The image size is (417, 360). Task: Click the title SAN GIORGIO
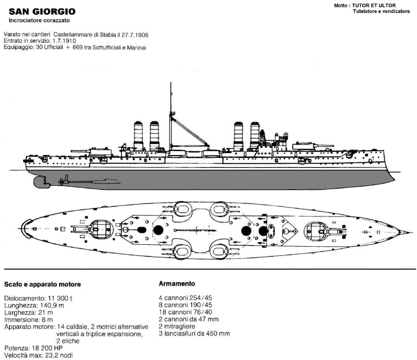click(x=42, y=12)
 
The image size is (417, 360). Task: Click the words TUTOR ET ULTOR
click(x=374, y=5)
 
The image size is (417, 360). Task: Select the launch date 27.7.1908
click(x=135, y=35)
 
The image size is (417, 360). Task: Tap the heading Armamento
click(x=177, y=284)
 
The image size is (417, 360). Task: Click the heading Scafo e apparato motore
click(x=43, y=284)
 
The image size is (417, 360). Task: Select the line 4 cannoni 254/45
click(x=185, y=298)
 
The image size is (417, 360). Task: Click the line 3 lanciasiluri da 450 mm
click(x=195, y=334)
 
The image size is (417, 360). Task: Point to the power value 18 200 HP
click(x=47, y=348)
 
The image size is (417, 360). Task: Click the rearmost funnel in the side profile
click(x=138, y=136)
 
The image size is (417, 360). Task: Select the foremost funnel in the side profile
click(x=255, y=135)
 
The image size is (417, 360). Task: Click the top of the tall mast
click(x=171, y=83)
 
